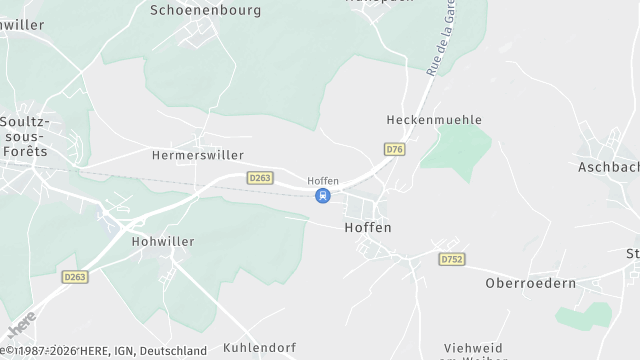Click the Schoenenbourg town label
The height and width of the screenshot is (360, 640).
[205, 10]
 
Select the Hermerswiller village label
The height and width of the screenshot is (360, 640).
[198, 156]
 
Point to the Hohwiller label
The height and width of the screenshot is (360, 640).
[163, 242]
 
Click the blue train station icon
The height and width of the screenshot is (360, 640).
[322, 196]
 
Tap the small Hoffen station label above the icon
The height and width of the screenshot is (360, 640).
[323, 181]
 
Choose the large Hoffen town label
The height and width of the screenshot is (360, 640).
[367, 228]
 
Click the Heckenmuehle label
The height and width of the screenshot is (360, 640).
[434, 120]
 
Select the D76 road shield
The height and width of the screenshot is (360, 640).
[394, 149]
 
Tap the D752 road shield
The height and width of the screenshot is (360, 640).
[450, 258]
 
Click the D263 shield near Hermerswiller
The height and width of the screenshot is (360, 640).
[260, 177]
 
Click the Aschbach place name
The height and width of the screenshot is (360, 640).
[608, 167]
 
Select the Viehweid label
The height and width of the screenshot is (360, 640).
[473, 348]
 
